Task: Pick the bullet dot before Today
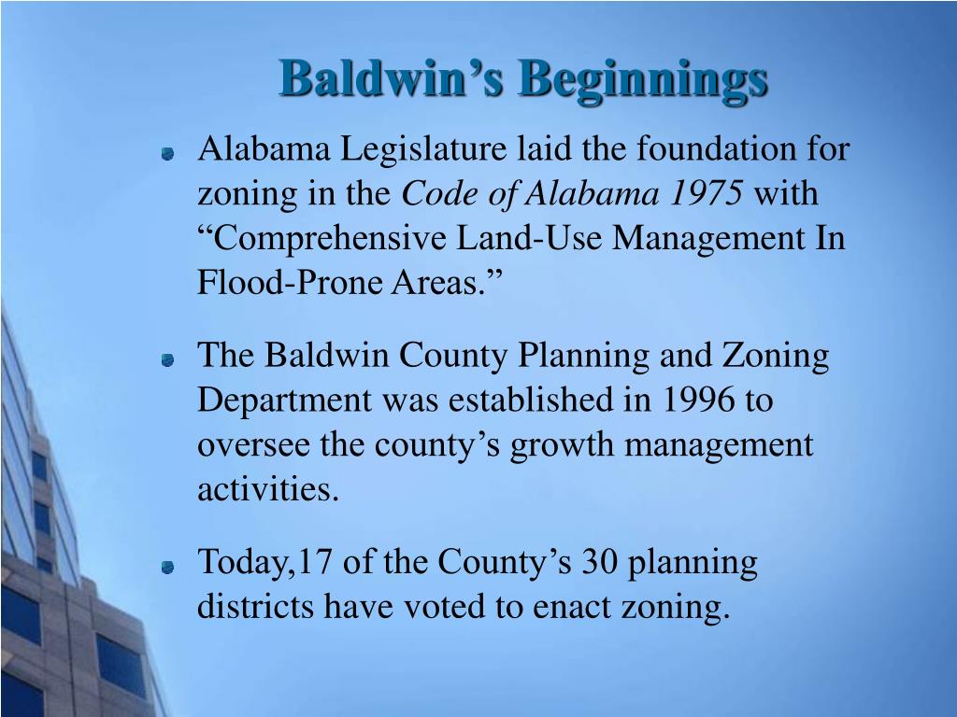(168, 566)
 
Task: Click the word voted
(447, 608)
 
